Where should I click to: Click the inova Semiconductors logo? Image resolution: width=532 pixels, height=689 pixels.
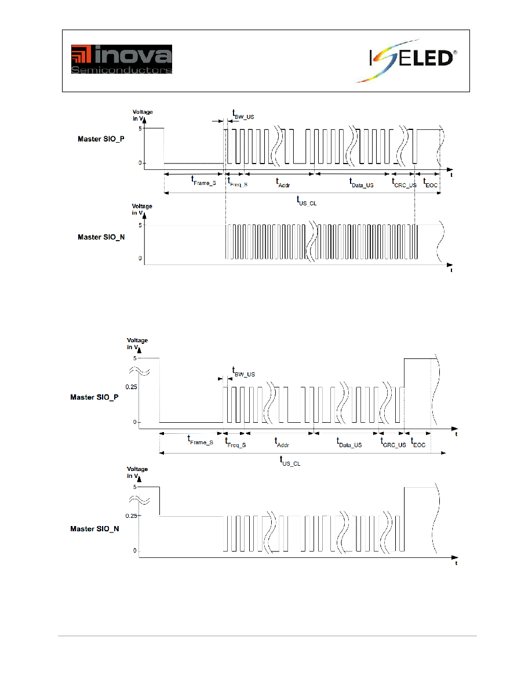(x=122, y=59)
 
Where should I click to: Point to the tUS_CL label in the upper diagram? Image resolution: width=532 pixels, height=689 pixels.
(x=307, y=201)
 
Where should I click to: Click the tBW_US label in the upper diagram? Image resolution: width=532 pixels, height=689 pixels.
(x=243, y=115)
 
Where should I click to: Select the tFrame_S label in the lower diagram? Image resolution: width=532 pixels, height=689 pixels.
(x=200, y=440)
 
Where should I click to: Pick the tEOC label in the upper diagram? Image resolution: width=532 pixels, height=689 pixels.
(x=430, y=183)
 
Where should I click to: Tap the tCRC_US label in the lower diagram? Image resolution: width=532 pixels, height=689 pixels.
(x=393, y=443)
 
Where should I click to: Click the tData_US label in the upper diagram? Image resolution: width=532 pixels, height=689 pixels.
(x=361, y=183)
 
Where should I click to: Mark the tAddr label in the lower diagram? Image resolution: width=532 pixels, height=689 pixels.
(x=282, y=443)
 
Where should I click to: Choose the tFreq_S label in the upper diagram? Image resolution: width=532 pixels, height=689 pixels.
(x=238, y=182)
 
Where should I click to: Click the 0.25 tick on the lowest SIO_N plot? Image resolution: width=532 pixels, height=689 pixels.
(x=131, y=516)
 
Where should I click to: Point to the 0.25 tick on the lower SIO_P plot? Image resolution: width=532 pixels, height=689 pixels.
(x=131, y=387)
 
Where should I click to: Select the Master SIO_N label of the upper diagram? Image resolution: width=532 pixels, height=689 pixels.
(x=101, y=237)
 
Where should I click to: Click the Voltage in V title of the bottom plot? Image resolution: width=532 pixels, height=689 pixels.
(x=137, y=472)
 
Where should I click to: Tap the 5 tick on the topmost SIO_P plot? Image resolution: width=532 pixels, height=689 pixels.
(x=140, y=129)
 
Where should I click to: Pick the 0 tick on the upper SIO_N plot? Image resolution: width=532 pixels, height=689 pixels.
(x=140, y=259)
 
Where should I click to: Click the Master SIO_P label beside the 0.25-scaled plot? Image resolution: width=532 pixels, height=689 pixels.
(x=94, y=397)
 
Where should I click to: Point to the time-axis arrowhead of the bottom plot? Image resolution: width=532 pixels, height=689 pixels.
(x=455, y=557)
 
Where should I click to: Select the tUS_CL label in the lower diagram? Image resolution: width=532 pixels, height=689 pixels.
(x=290, y=461)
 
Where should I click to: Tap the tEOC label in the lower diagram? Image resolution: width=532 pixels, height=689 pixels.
(x=418, y=443)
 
